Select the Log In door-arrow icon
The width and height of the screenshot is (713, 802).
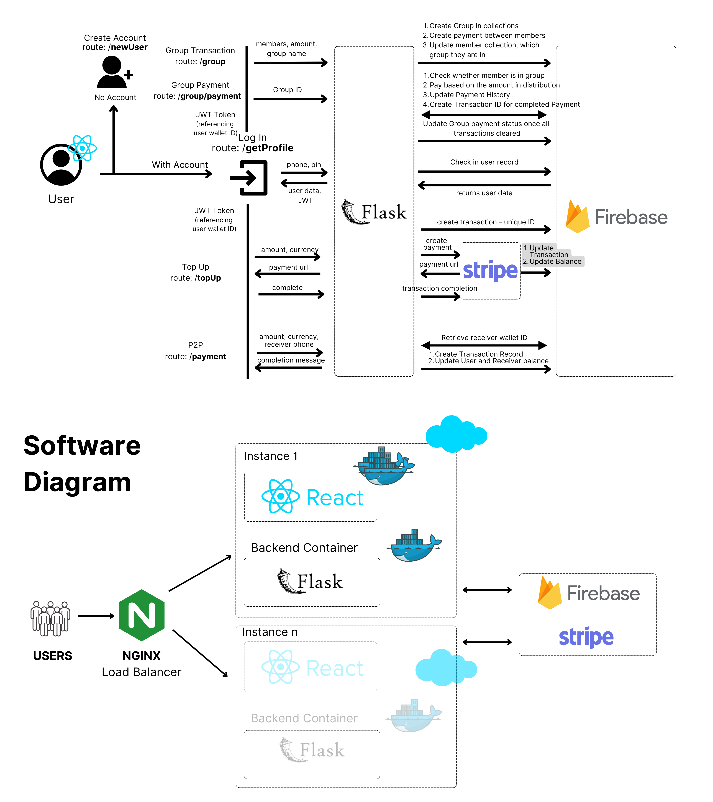click(250, 178)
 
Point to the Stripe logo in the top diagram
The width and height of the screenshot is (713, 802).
click(490, 271)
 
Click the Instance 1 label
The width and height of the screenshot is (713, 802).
click(271, 456)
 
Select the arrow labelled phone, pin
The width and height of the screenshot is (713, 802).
click(304, 172)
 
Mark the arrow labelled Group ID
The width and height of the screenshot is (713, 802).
click(290, 99)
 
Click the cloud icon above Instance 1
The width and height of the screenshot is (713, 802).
click(456, 434)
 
